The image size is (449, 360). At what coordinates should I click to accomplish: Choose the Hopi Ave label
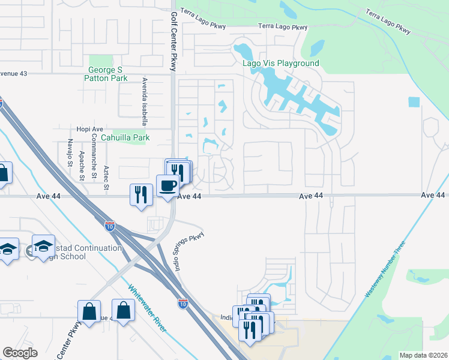83,128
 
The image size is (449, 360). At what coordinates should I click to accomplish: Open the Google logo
20,353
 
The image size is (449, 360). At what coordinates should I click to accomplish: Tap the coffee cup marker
167,185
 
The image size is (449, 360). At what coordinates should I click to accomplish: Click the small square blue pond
414,102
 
